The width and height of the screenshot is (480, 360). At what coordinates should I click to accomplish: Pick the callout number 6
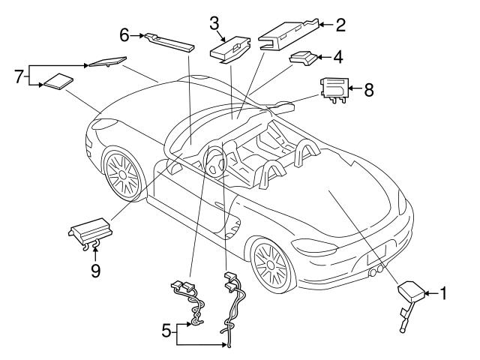[124, 34]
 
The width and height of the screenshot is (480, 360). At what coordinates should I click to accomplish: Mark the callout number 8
[367, 89]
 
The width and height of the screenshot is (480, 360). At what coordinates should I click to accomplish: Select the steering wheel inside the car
[214, 160]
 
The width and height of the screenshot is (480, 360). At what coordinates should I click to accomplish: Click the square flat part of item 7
[58, 82]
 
